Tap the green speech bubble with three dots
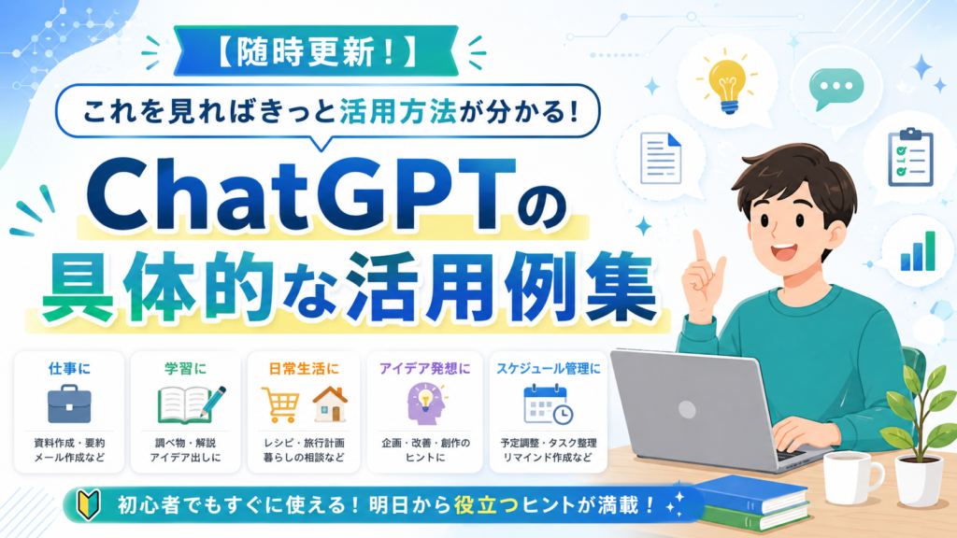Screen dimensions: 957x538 pyautogui.click(x=836, y=89)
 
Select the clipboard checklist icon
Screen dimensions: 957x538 pyautogui.click(x=910, y=157)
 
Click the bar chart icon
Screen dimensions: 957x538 pyautogui.click(x=918, y=251)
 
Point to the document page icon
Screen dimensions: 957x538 pyautogui.click(x=661, y=158)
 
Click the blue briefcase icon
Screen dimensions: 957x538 pyautogui.click(x=69, y=403)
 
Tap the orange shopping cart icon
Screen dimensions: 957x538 pyautogui.click(x=280, y=404)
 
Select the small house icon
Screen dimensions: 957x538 pyautogui.click(x=330, y=403)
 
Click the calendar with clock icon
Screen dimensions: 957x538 pyautogui.click(x=548, y=403)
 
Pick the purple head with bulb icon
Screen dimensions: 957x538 pyautogui.click(x=424, y=403)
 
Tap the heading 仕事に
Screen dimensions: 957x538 pyautogui.click(x=69, y=368)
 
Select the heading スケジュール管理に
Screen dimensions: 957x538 pyautogui.click(x=548, y=368)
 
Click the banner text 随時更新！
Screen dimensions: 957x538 pyautogui.click(x=316, y=51)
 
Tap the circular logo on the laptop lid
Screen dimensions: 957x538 pyautogui.click(x=687, y=409)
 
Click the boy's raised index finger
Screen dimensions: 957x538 pyautogui.click(x=699, y=247)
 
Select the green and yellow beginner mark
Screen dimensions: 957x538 pyautogui.click(x=88, y=504)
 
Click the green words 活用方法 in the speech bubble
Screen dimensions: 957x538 pyautogui.click(x=398, y=112)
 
